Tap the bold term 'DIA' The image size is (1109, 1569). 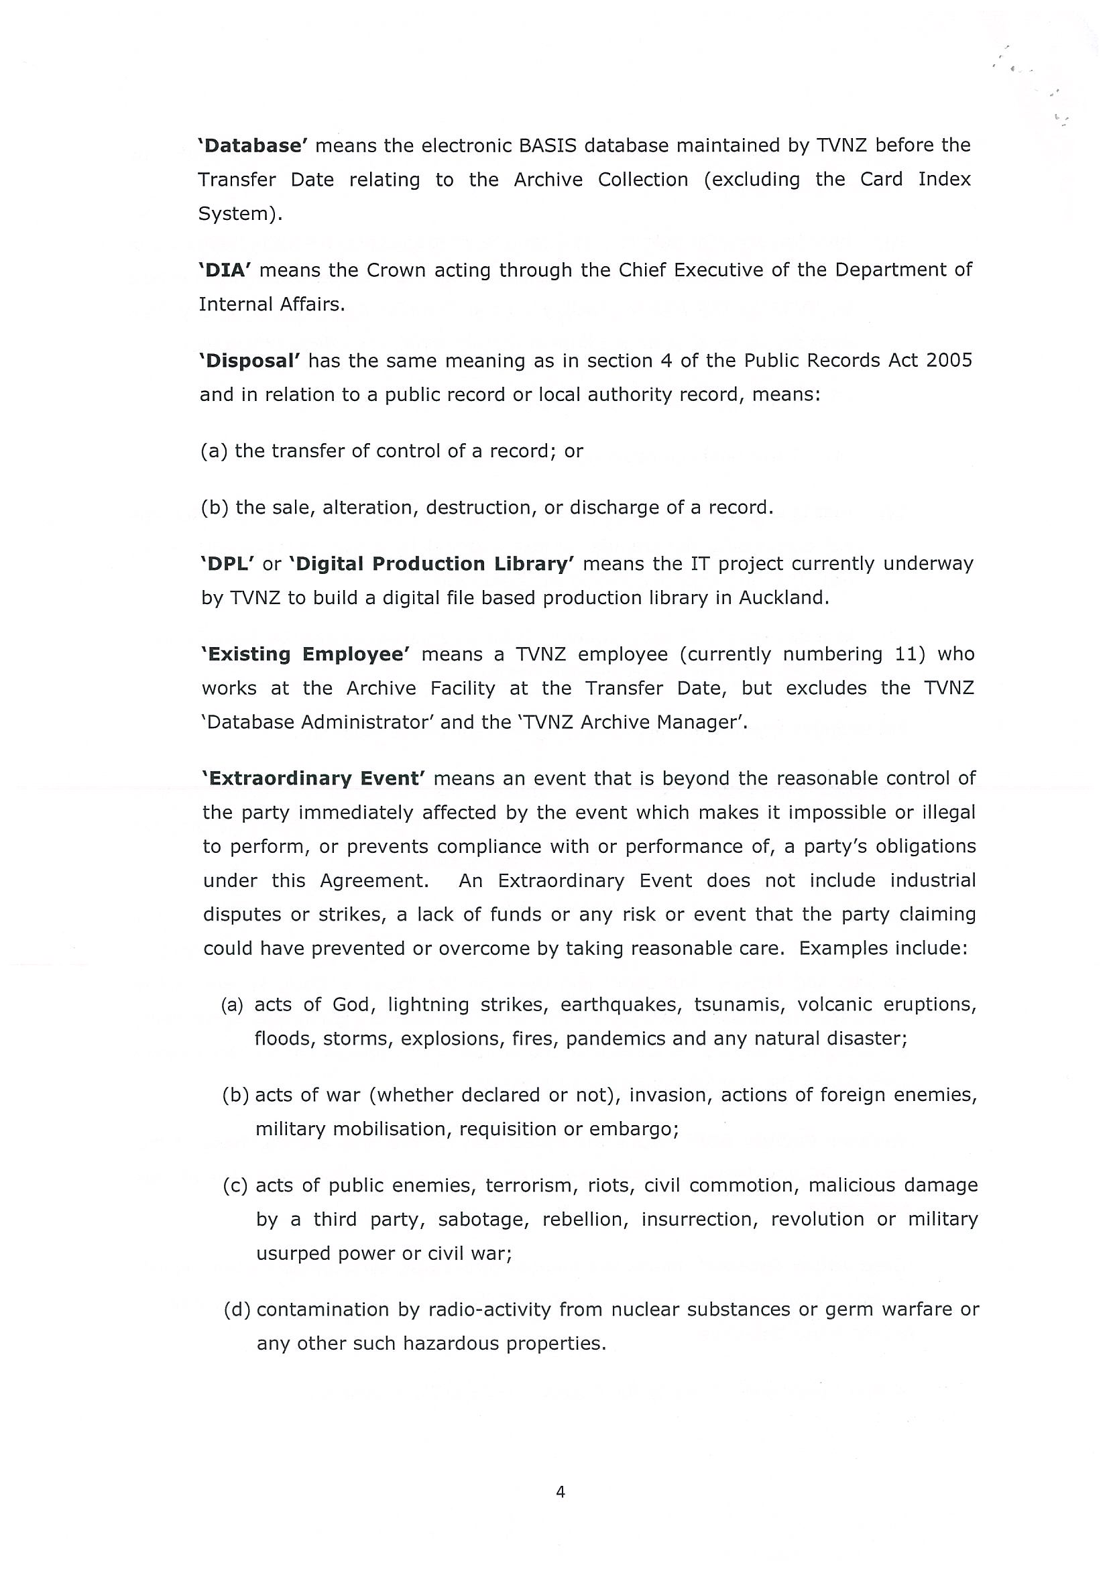pyautogui.click(x=225, y=270)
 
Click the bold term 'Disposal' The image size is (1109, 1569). pyautogui.click(x=249, y=361)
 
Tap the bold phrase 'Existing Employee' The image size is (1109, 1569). pyautogui.click(x=305, y=654)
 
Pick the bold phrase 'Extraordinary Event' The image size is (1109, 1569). pyautogui.click(x=314, y=779)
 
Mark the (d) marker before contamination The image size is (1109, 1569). pyautogui.click(x=237, y=1310)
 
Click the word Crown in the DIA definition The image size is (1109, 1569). pyautogui.click(x=394, y=270)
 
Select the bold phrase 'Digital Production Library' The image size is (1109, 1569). pyautogui.click(x=432, y=564)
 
